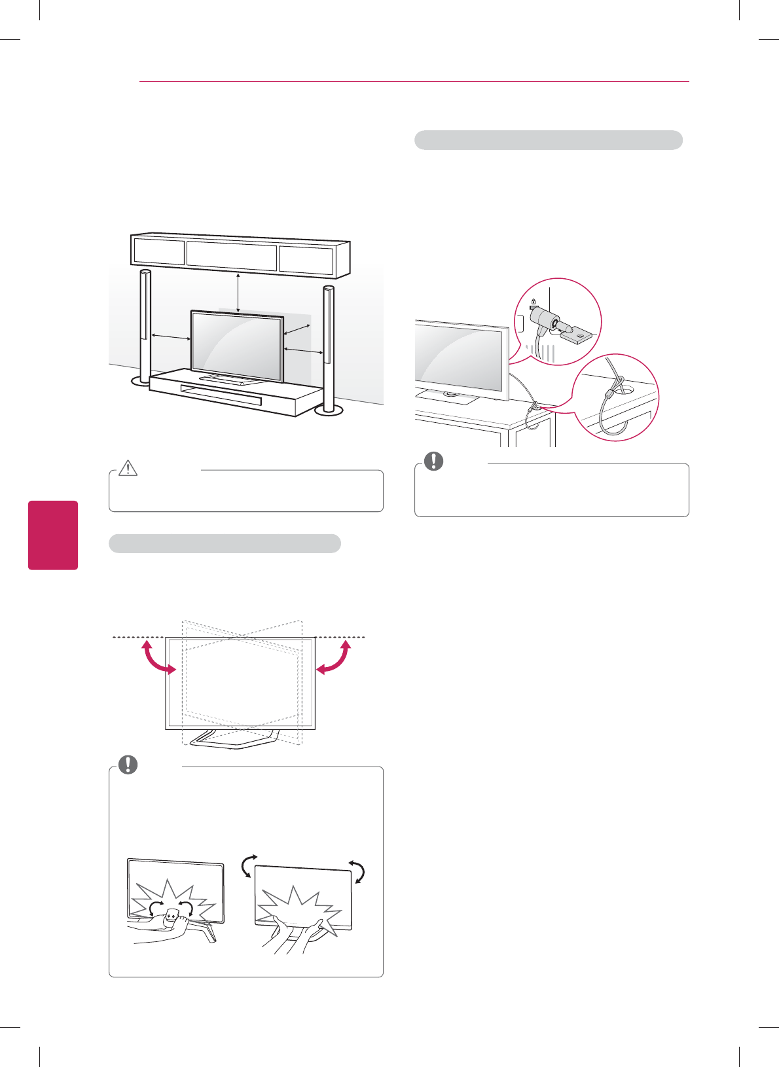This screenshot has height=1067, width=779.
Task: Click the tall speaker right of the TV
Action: [x=328, y=347]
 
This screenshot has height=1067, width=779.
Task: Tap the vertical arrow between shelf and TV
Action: [x=238, y=291]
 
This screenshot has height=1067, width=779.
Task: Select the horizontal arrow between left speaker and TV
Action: [x=170, y=337]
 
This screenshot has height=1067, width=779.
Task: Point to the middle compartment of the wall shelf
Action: [x=232, y=256]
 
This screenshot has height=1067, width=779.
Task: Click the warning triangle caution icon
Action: [x=128, y=467]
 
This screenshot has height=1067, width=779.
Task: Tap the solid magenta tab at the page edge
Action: [x=53, y=535]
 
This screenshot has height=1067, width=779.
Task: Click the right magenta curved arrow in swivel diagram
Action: [x=334, y=658]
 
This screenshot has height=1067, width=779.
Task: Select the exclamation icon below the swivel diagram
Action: [x=128, y=765]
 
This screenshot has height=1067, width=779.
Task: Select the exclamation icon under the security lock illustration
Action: [x=433, y=461]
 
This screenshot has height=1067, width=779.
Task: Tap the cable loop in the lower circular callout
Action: [x=612, y=409]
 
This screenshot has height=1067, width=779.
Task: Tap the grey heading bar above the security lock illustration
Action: [x=549, y=140]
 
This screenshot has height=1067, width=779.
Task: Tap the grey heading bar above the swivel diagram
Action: [x=225, y=543]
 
